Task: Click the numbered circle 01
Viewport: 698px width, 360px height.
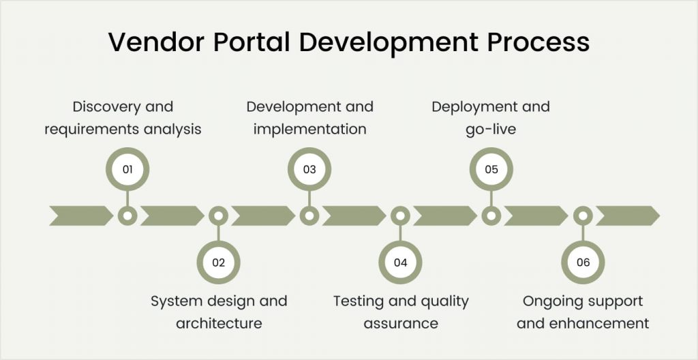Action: click(x=127, y=169)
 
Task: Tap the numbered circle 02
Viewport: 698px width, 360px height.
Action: click(x=219, y=262)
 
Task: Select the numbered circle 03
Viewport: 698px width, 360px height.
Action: click(x=309, y=169)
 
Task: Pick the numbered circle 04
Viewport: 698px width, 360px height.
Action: click(x=401, y=262)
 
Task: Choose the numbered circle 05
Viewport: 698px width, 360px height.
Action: click(x=491, y=169)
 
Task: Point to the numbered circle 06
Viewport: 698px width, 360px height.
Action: click(x=583, y=262)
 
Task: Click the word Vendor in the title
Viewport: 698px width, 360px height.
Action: click(x=156, y=42)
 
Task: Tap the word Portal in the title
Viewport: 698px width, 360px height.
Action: click(x=252, y=42)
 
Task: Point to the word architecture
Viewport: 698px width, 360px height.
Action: click(x=219, y=323)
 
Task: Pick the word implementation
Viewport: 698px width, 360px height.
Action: click(x=310, y=130)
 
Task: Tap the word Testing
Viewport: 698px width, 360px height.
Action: click(x=359, y=301)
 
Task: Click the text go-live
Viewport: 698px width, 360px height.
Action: click(x=491, y=130)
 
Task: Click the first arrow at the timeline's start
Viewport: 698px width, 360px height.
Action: click(x=81, y=215)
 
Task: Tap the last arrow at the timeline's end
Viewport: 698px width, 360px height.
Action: click(x=628, y=215)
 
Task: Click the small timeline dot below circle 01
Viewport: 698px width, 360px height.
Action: click(x=127, y=216)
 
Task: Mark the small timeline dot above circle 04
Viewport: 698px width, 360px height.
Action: click(x=401, y=216)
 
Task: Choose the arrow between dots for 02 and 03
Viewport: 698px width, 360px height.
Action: click(x=263, y=215)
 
